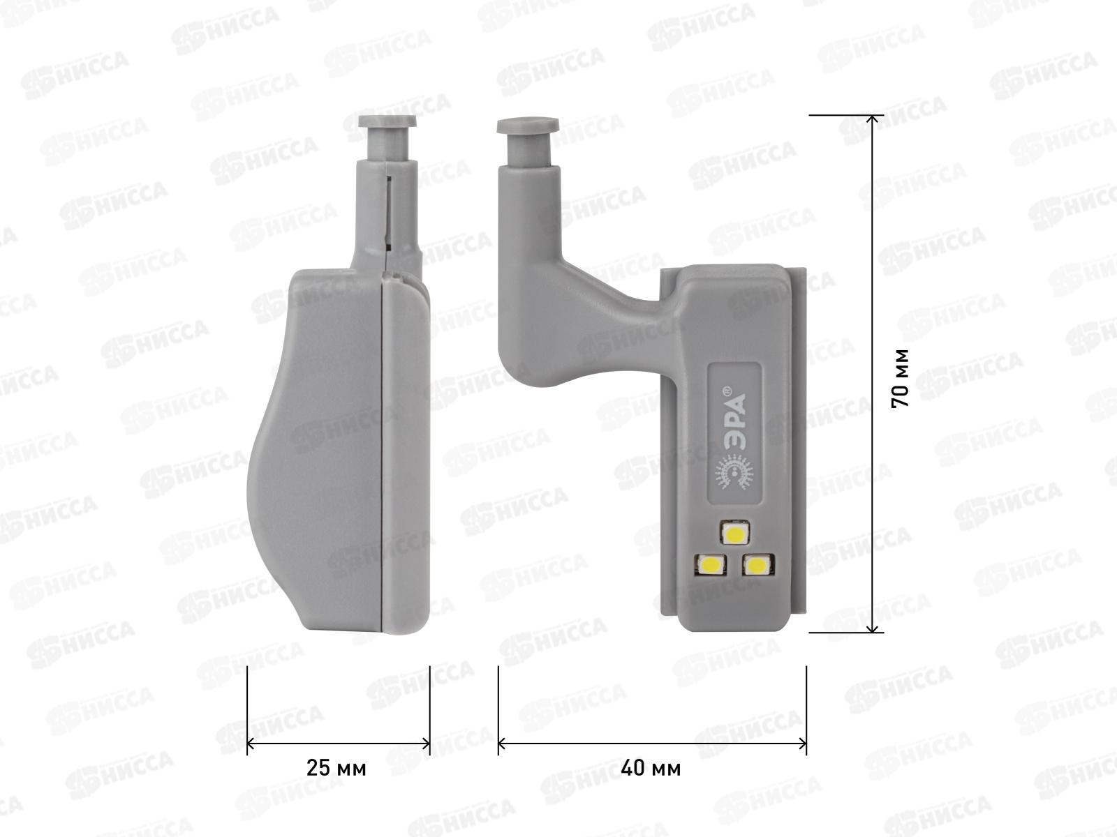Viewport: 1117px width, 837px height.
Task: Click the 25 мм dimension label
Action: [x=336, y=769]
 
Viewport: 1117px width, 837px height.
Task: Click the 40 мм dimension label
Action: [x=651, y=769]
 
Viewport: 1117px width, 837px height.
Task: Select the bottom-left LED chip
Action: [x=709, y=564]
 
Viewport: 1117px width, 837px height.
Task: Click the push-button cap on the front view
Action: [x=528, y=126]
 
